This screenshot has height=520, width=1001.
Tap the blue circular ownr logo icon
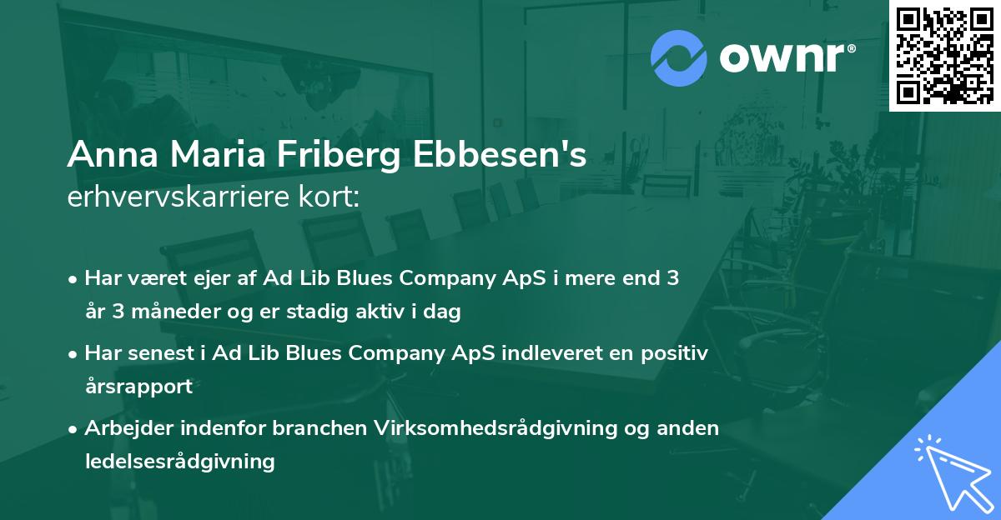click(x=678, y=57)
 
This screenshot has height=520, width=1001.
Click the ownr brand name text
click(x=785, y=57)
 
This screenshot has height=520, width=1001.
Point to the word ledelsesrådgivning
click(x=179, y=461)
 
